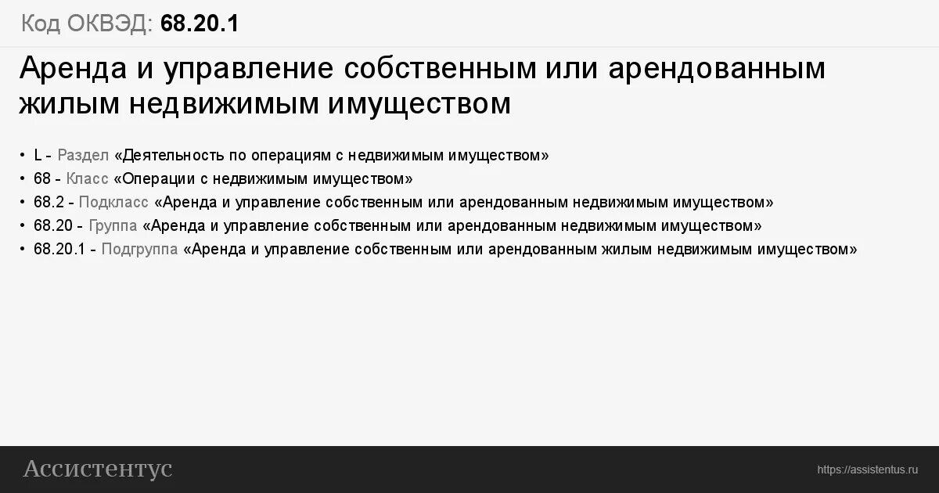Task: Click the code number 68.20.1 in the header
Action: (200, 23)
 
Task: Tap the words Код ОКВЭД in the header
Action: (87, 23)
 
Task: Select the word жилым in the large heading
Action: (64, 103)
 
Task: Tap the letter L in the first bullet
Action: (38, 155)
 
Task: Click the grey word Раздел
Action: (83, 155)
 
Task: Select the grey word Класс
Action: (88, 178)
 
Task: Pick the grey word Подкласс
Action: (113, 202)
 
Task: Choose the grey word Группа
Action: (113, 225)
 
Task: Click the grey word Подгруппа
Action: (139, 249)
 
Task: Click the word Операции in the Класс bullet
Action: (154, 178)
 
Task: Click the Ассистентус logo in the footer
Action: (98, 469)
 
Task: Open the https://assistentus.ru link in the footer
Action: (867, 470)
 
